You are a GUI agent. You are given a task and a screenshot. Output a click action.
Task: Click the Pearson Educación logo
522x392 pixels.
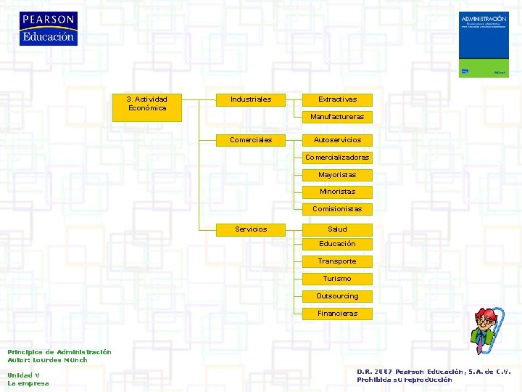[x=48, y=29]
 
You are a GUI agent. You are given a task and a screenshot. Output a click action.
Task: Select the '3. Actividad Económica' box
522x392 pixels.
[x=147, y=104]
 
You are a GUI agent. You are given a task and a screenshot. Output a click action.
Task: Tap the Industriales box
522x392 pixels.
[x=251, y=99]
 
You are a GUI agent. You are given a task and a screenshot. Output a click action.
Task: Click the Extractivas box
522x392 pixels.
[x=337, y=99]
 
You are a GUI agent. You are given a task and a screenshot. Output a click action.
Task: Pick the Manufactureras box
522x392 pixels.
[x=337, y=117]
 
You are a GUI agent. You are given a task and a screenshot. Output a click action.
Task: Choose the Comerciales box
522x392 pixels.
[x=251, y=139]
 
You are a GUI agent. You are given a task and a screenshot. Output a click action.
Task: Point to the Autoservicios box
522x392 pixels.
[x=337, y=139]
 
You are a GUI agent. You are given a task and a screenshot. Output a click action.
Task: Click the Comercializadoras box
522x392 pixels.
[x=337, y=158]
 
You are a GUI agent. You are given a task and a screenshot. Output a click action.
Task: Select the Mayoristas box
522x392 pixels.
[x=337, y=175]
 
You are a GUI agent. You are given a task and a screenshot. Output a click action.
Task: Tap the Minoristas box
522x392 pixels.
[x=337, y=192]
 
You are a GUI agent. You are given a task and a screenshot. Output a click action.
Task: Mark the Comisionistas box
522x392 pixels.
[x=337, y=209]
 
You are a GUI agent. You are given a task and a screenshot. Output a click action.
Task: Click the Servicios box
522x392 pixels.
[x=251, y=229]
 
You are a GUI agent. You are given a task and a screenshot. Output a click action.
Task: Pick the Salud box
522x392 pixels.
[x=337, y=229]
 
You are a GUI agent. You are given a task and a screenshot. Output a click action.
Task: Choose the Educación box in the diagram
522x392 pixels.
[x=337, y=244]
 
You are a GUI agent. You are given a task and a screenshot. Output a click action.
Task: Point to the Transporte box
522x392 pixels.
[x=337, y=261]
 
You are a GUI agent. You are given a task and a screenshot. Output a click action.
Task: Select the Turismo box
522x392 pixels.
[x=337, y=279]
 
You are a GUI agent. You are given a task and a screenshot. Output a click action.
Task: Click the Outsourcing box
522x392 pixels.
[x=337, y=296]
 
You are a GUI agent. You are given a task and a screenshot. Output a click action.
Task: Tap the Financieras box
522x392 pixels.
[x=337, y=314]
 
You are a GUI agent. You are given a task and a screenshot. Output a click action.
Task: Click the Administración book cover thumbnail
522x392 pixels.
[x=484, y=44]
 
